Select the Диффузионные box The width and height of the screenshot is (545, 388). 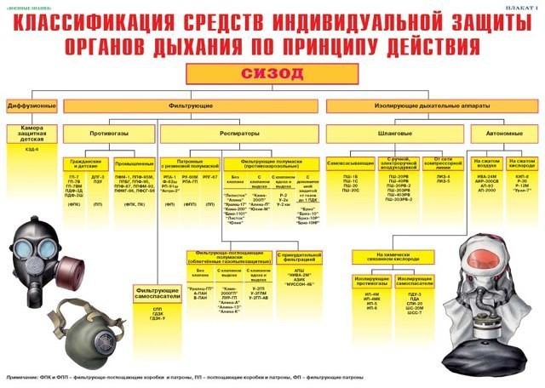click(x=32, y=106)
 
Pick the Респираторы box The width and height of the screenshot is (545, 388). click(x=241, y=134)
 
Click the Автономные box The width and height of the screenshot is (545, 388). click(x=498, y=134)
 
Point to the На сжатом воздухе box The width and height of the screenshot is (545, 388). click(x=485, y=160)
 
